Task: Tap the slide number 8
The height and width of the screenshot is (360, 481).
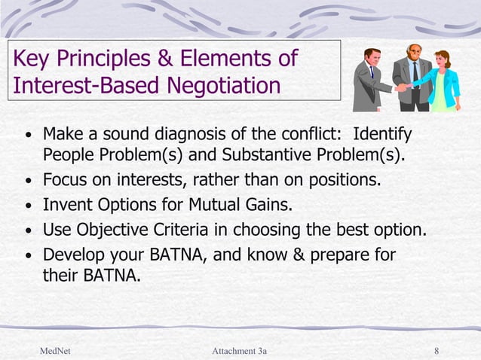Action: [x=437, y=351]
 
